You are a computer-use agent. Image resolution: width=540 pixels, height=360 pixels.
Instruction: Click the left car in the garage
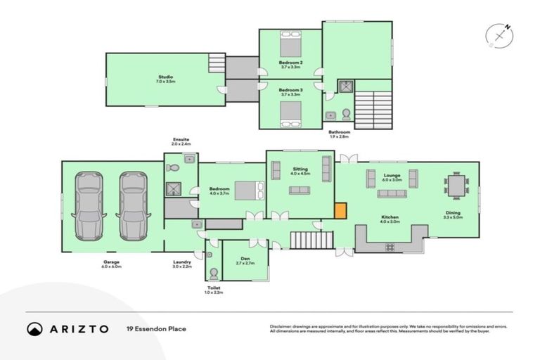point(89,206)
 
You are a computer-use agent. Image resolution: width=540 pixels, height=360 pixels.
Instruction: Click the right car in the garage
point(133,206)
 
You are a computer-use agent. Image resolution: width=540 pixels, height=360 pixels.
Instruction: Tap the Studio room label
point(165,77)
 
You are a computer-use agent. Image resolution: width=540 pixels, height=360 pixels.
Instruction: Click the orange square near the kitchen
point(340,210)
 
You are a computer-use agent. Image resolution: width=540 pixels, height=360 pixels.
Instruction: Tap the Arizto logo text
point(78,328)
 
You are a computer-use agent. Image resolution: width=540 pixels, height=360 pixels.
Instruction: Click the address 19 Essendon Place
point(156,328)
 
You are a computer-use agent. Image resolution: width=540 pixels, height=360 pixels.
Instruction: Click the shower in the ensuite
point(174,188)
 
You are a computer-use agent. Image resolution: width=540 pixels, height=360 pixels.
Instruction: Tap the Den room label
point(246,259)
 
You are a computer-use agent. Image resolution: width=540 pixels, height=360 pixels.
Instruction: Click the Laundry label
point(182,263)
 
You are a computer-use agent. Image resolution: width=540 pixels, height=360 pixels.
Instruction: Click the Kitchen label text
point(390,217)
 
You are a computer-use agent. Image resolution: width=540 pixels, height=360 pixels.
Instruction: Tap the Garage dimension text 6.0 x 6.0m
point(112,267)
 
